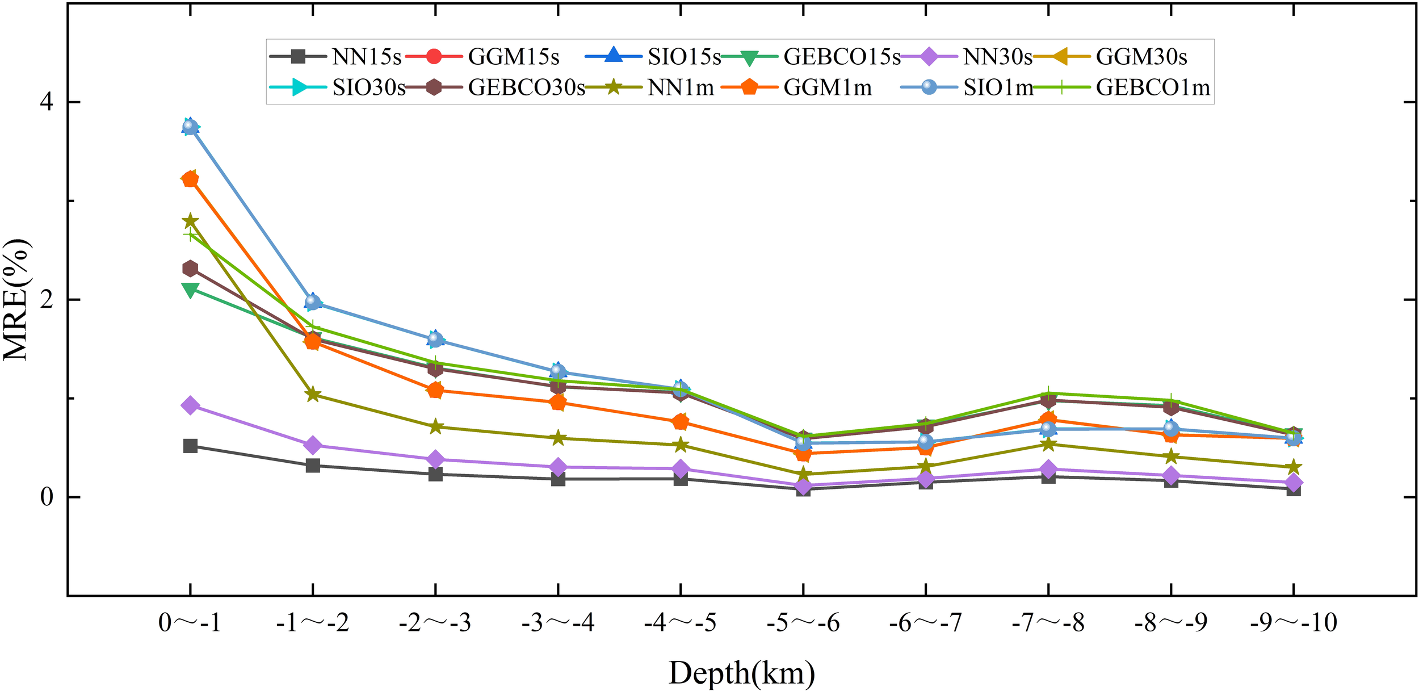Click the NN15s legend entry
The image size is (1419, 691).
point(366,57)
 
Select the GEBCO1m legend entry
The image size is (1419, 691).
point(1152,87)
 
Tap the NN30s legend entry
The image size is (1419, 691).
point(997,57)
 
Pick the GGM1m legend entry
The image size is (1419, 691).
point(827,87)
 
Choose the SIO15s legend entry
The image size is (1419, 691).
point(684,57)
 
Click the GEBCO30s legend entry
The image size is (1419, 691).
point(526,87)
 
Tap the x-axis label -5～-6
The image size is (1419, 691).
point(803,623)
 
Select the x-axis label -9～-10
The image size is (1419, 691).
point(1293,623)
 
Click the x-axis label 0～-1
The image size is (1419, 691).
point(190,623)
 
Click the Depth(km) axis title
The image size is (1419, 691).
point(741,673)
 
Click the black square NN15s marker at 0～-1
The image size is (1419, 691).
point(190,446)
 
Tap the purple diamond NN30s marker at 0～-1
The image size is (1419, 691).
point(190,405)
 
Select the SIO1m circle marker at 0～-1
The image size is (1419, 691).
point(190,126)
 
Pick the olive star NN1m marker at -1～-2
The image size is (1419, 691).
point(313,395)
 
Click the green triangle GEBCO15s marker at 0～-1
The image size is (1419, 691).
point(190,290)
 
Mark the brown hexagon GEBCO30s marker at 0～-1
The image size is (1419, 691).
point(190,268)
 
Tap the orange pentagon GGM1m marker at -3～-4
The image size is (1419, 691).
point(558,403)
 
